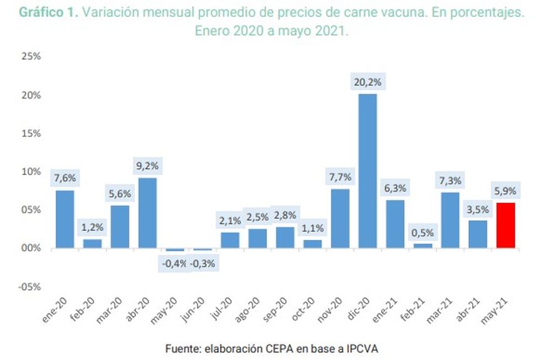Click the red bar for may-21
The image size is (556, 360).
pyautogui.click(x=505, y=225)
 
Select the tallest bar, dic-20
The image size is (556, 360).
pyautogui.click(x=367, y=171)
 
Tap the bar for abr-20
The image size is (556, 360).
pyautogui.click(x=147, y=213)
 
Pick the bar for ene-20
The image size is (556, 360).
pyautogui.click(x=65, y=219)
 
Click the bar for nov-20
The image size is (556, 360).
pyautogui.click(x=340, y=218)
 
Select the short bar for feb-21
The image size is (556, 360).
pyautogui.click(x=422, y=245)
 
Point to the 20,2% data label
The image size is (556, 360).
pyautogui.click(x=367, y=82)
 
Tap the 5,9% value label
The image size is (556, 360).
pyautogui.click(x=505, y=191)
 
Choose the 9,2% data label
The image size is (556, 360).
pyautogui.click(x=147, y=166)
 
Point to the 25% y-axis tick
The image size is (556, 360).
pyautogui.click(x=31, y=56)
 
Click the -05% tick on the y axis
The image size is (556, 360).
pyautogui.click(x=29, y=287)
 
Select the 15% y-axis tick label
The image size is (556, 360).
pyautogui.click(x=31, y=133)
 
